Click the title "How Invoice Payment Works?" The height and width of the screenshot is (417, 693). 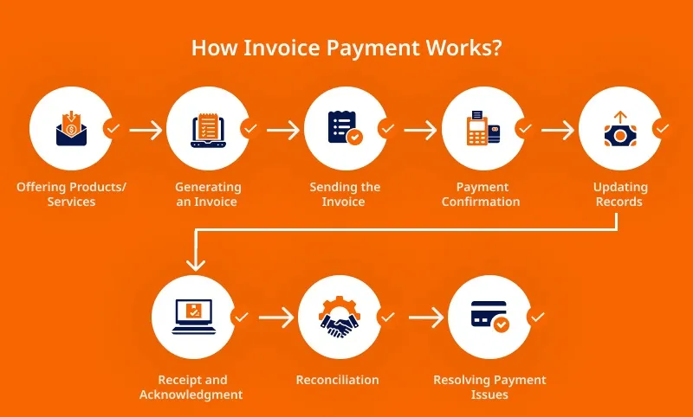[346, 47]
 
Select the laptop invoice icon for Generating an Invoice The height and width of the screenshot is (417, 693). [208, 129]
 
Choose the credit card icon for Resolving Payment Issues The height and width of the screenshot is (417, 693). [489, 317]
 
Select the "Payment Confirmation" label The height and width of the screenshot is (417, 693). [482, 195]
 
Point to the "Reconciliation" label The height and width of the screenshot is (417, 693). [338, 380]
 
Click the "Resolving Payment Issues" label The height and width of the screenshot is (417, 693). [489, 387]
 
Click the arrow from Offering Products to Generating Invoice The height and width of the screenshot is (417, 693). [146, 130]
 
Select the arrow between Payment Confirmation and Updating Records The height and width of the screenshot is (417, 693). [557, 130]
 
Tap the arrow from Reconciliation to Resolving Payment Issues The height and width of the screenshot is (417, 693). [425, 318]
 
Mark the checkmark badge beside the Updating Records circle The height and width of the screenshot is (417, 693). [662, 129]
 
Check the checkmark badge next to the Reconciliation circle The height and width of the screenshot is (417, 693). [387, 317]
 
